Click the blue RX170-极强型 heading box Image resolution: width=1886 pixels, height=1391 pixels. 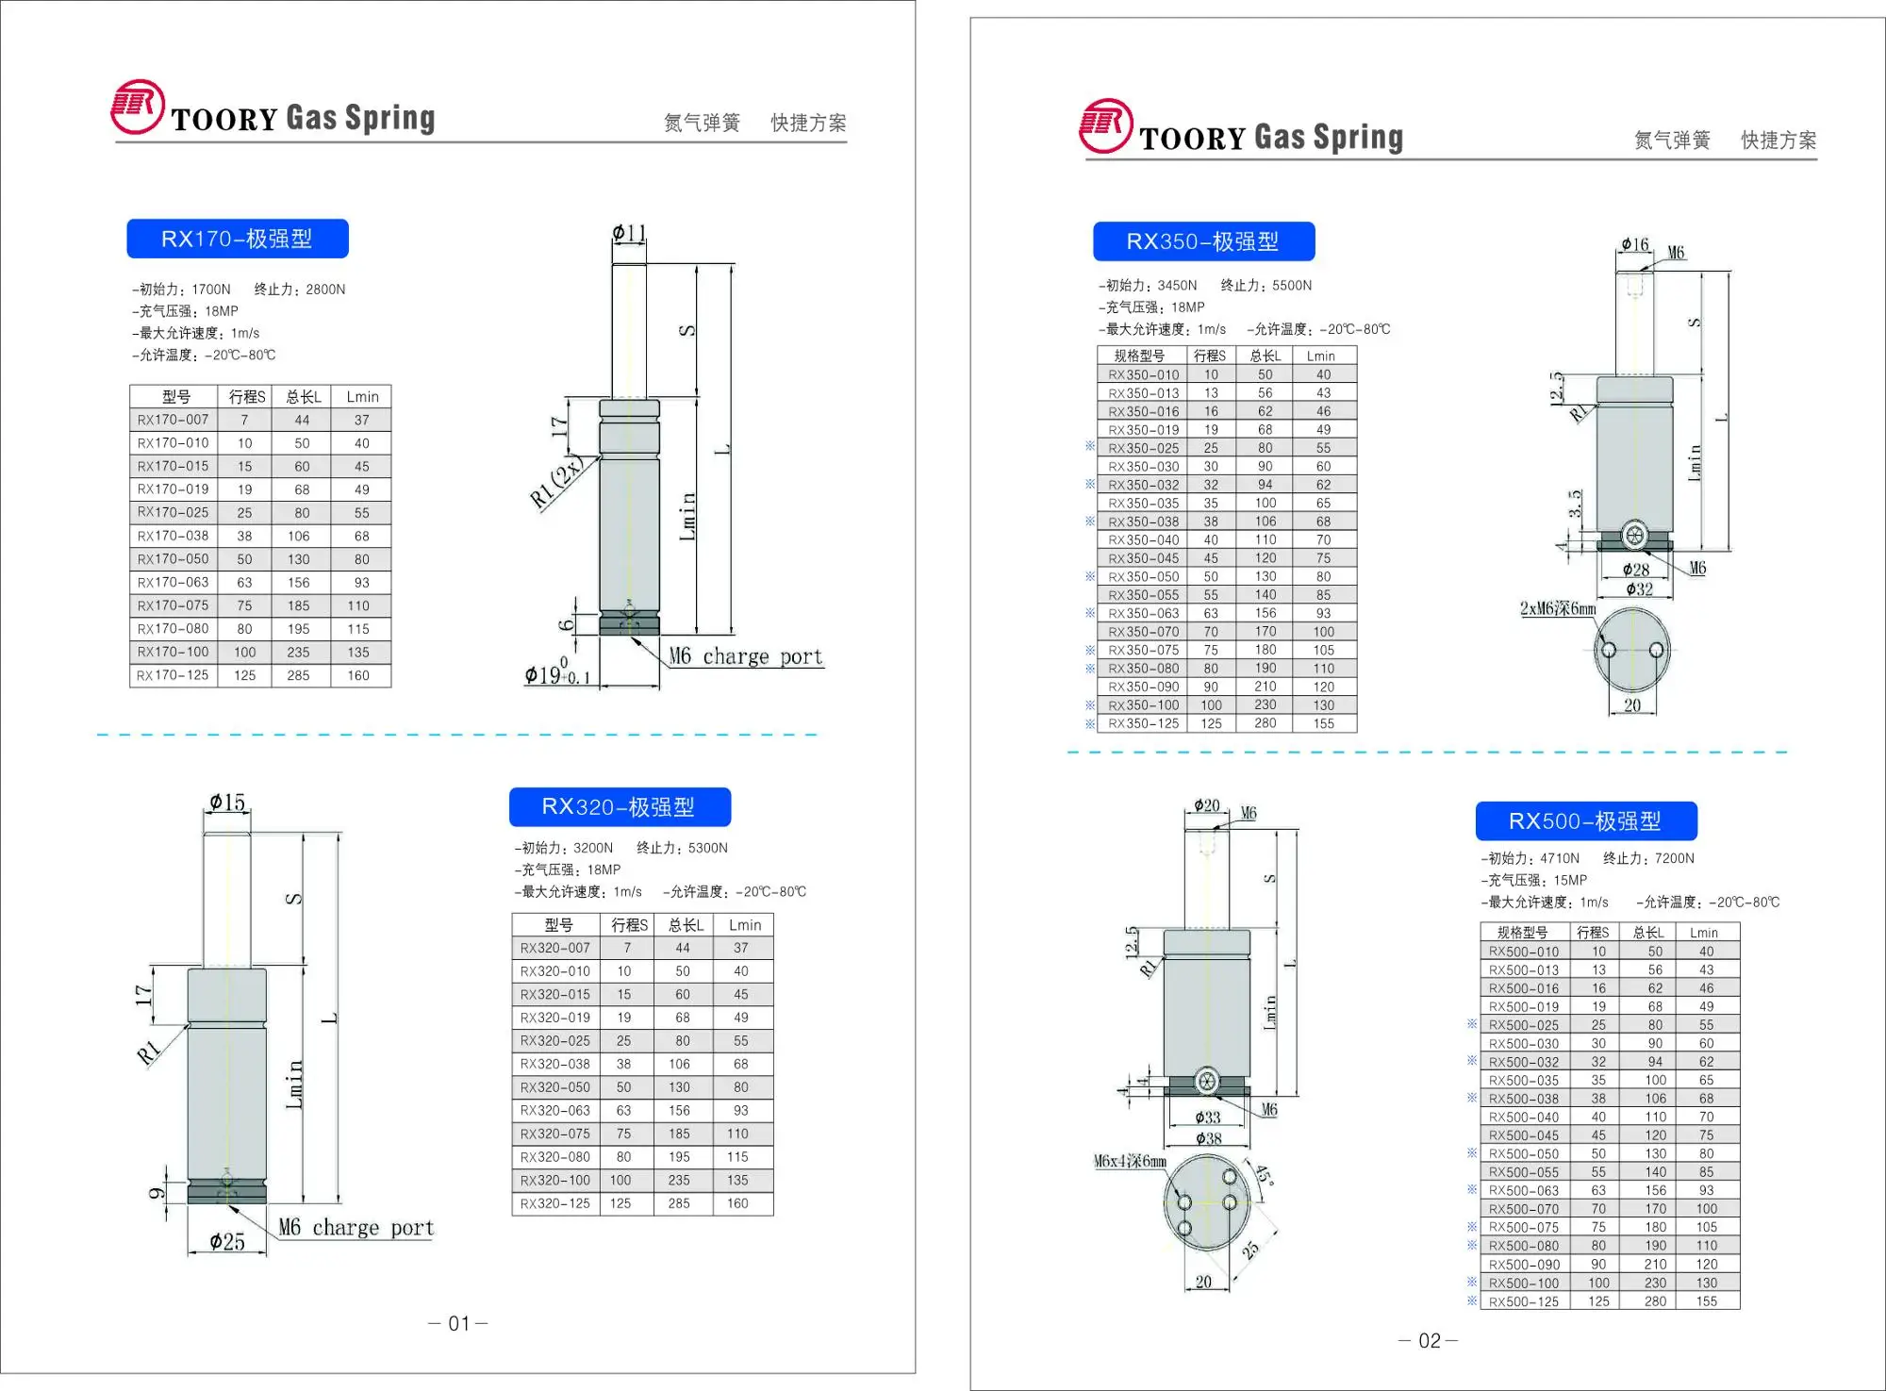(x=237, y=239)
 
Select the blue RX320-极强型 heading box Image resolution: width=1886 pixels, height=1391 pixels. (x=619, y=807)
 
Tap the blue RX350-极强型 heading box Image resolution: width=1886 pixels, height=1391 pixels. (x=1202, y=241)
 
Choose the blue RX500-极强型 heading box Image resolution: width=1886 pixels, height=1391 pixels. (x=1585, y=821)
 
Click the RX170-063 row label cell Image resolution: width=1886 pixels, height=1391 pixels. (x=174, y=583)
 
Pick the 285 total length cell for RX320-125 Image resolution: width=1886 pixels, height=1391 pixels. (x=679, y=1204)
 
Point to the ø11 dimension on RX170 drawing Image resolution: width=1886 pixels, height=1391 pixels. (x=629, y=232)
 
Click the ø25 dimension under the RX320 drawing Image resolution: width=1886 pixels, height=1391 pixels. (x=227, y=1242)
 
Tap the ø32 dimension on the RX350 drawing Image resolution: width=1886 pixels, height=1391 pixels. (x=1639, y=589)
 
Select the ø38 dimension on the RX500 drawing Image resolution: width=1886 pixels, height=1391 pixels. (x=1208, y=1139)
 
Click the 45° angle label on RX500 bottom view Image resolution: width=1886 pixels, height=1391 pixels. (x=1264, y=1176)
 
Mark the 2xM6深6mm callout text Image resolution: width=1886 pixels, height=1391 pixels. (x=1557, y=609)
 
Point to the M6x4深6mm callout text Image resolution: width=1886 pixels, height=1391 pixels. (x=1130, y=1162)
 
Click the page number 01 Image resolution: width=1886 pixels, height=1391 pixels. (x=458, y=1324)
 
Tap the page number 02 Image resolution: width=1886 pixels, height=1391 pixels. (x=1429, y=1341)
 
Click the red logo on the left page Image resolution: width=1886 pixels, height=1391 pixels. (x=138, y=107)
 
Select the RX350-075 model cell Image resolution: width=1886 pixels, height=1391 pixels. (x=1142, y=651)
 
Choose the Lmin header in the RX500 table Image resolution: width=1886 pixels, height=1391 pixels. (x=1703, y=933)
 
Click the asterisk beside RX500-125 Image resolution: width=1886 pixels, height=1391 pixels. (x=1472, y=1301)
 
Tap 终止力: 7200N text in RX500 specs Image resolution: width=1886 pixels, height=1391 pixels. (x=1648, y=858)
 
